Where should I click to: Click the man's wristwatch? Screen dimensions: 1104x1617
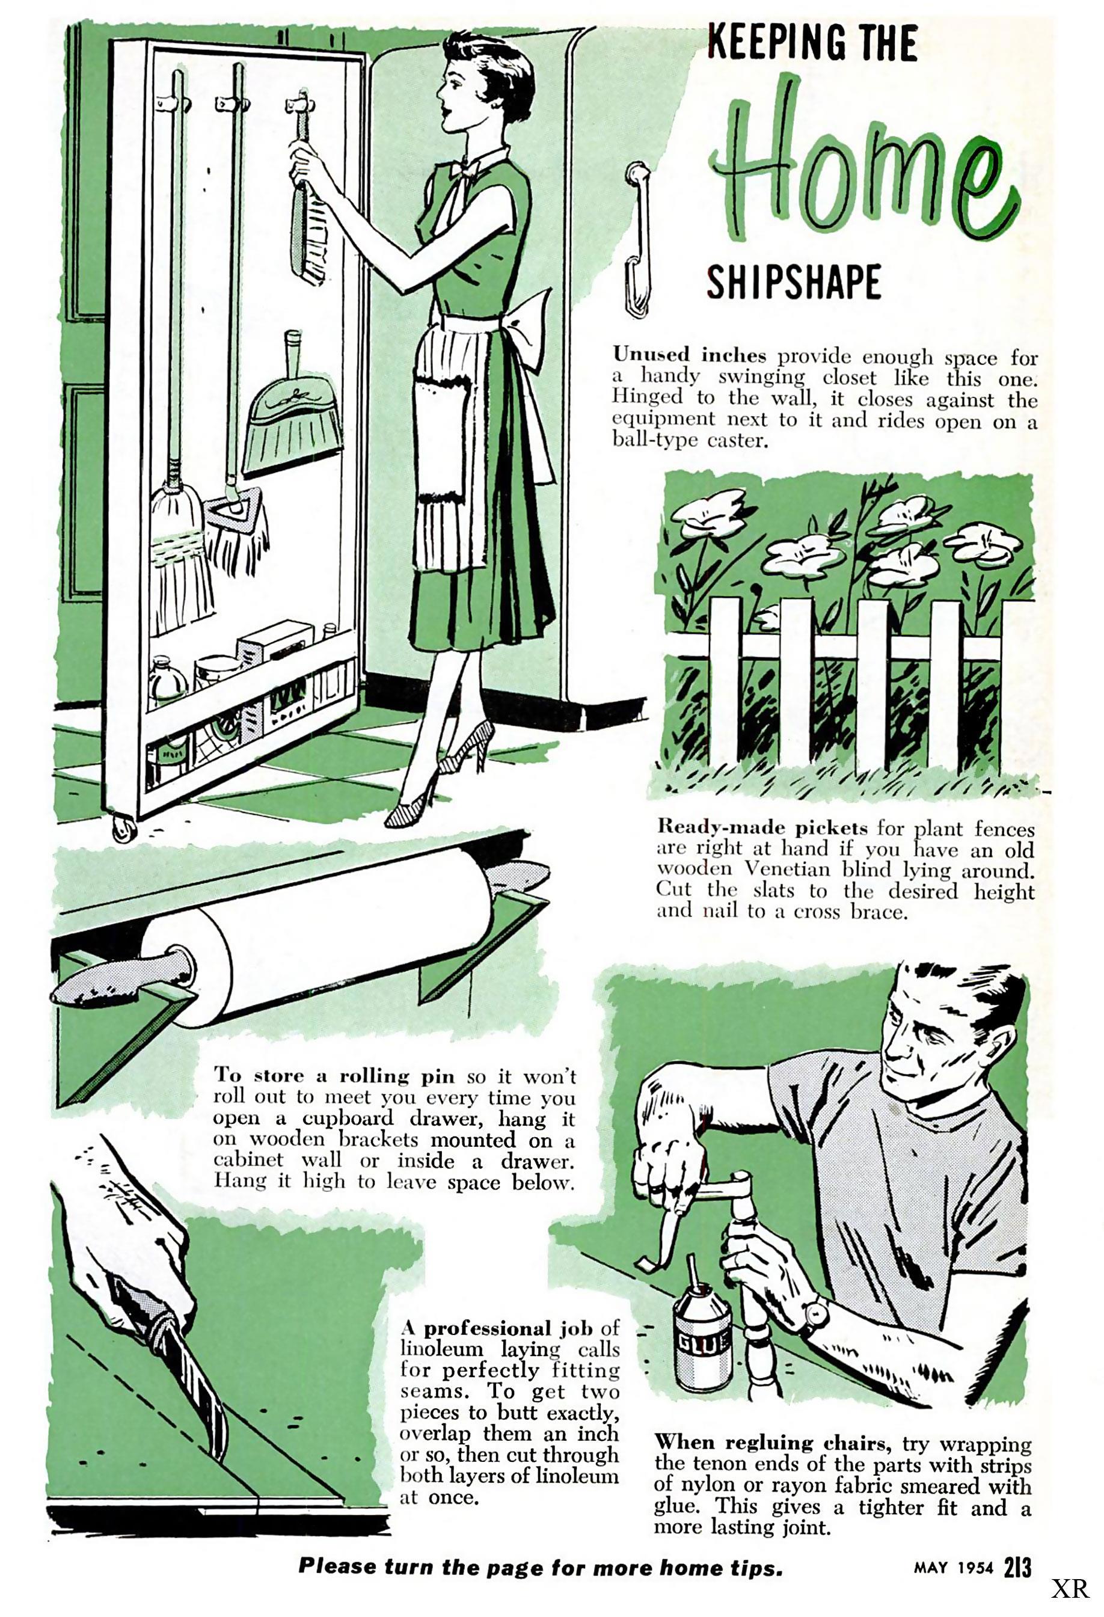tap(814, 1316)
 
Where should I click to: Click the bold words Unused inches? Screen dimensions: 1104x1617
tap(688, 355)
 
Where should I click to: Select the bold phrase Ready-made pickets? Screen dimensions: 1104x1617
tap(762, 827)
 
